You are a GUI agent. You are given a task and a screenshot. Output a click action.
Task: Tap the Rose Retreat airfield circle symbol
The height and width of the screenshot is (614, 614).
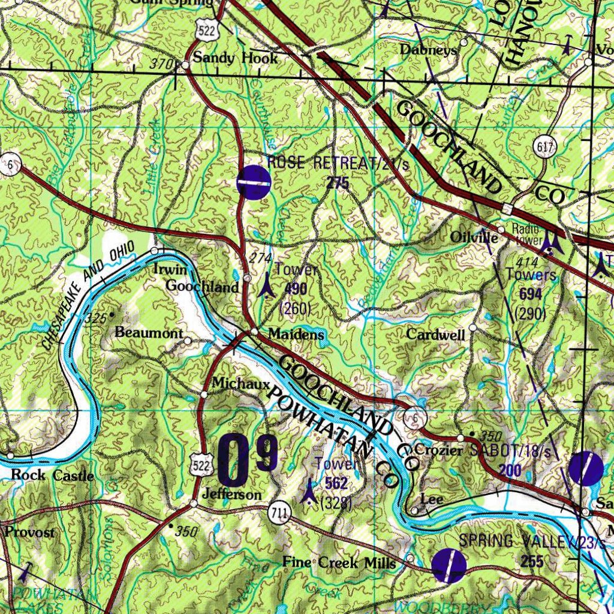point(254,182)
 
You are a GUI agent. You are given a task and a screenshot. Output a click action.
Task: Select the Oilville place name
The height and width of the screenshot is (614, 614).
point(474,238)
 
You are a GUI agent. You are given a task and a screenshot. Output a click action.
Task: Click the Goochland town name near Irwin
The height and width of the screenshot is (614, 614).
point(202,287)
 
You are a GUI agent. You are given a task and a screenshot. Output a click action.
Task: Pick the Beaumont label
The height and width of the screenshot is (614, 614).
point(149,332)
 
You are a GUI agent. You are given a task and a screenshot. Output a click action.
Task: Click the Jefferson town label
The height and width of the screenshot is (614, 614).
point(232,494)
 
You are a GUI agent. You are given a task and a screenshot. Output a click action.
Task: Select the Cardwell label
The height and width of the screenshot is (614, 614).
point(436,335)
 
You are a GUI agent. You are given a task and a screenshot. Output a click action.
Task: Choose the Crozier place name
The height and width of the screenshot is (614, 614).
point(439,450)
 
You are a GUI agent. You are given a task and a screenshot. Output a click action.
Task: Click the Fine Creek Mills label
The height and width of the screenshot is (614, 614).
point(339,563)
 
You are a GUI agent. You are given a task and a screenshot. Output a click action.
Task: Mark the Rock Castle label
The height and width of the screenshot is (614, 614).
point(53,475)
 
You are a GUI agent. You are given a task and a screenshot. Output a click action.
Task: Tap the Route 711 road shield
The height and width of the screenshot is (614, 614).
point(279,512)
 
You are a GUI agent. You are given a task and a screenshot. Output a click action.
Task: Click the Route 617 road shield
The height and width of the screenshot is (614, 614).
point(546,146)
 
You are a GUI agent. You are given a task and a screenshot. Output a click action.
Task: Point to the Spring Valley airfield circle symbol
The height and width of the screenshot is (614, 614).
point(450,565)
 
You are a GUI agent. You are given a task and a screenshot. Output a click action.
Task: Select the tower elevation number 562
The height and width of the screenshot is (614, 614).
point(336,483)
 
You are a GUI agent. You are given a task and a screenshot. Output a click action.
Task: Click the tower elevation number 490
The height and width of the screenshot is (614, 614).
point(296,289)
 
